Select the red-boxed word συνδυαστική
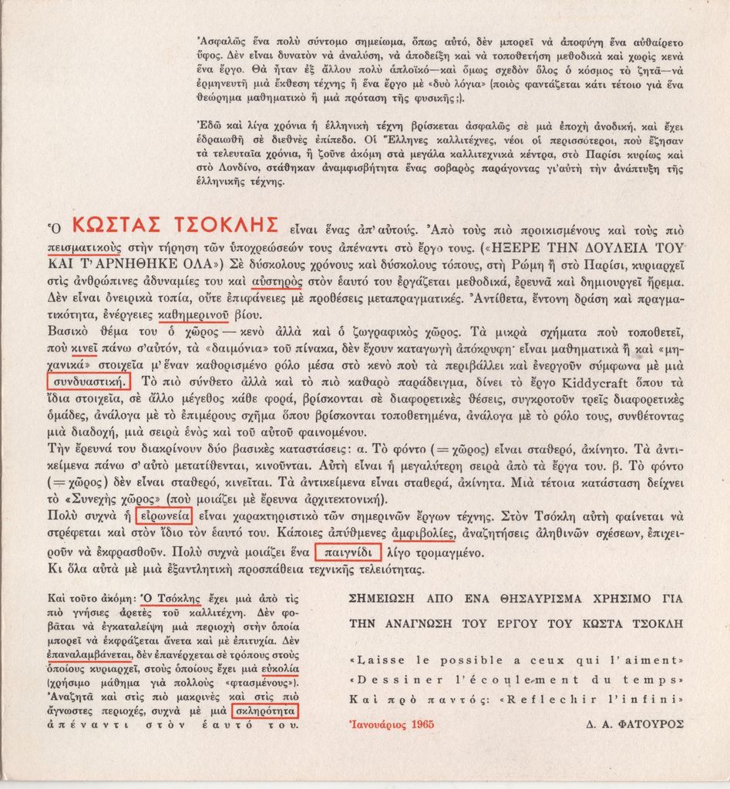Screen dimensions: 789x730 (x=88, y=381)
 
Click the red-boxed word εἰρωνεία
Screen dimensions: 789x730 (x=162, y=516)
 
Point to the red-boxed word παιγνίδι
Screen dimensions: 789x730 (x=348, y=552)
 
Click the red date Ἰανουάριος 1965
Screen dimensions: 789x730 (x=392, y=724)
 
